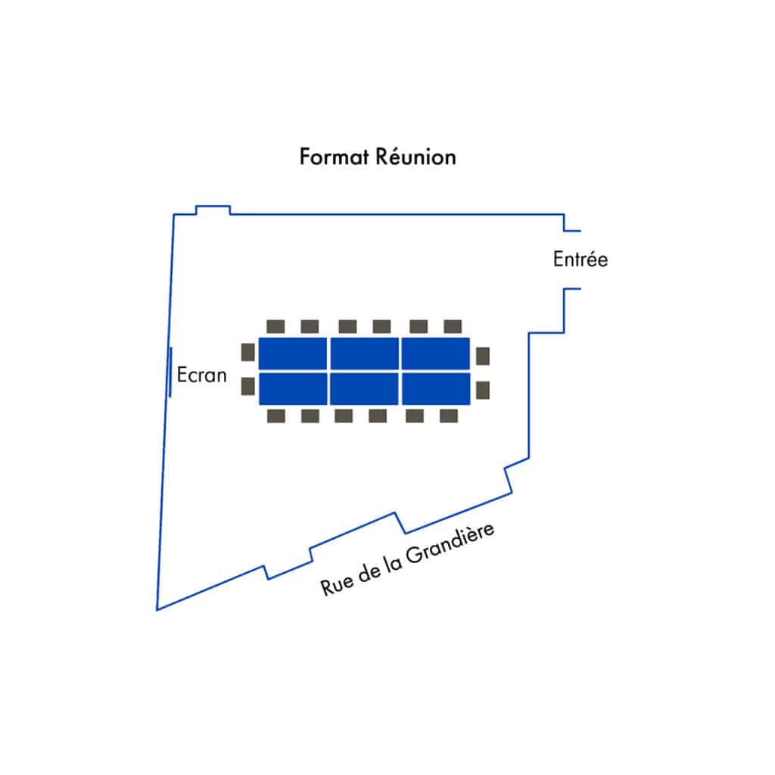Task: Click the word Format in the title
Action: tap(334, 157)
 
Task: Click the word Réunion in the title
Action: tap(416, 157)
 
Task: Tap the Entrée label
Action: tap(580, 260)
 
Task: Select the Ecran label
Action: tap(201, 375)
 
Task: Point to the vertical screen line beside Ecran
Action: tap(170, 372)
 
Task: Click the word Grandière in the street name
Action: tap(450, 544)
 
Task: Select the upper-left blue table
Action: tap(293, 353)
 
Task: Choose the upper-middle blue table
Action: tap(364, 353)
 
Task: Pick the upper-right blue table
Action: tap(435, 353)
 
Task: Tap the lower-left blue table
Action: tap(293, 388)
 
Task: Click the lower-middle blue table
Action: tap(364, 388)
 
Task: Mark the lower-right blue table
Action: tap(436, 388)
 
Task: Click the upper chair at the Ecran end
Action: tap(247, 353)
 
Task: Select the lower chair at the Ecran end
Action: tap(247, 387)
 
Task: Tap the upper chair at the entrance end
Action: tap(483, 356)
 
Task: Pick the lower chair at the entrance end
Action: tap(483, 390)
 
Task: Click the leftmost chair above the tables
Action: tap(275, 326)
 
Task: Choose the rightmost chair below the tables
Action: tap(449, 416)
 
